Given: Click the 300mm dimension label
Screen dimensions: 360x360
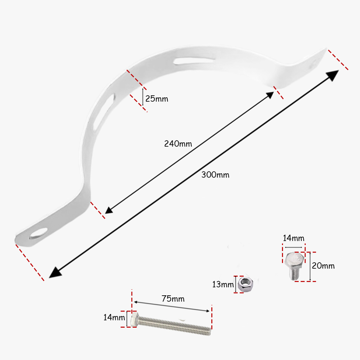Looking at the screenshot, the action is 215,175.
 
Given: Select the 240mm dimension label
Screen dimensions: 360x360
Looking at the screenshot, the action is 178,144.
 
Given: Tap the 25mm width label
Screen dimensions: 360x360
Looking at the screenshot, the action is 157,99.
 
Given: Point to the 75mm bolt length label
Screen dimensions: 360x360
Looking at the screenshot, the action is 173,299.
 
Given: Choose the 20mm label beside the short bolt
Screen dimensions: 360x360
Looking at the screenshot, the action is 323,266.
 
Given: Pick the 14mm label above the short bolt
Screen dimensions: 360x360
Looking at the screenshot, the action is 294,238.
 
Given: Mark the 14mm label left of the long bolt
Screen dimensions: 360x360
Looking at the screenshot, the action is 114,317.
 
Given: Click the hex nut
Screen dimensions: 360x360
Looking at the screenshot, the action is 245,284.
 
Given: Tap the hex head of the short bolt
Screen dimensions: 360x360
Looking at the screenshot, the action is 294,260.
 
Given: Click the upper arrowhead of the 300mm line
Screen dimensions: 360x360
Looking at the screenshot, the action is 334,74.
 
